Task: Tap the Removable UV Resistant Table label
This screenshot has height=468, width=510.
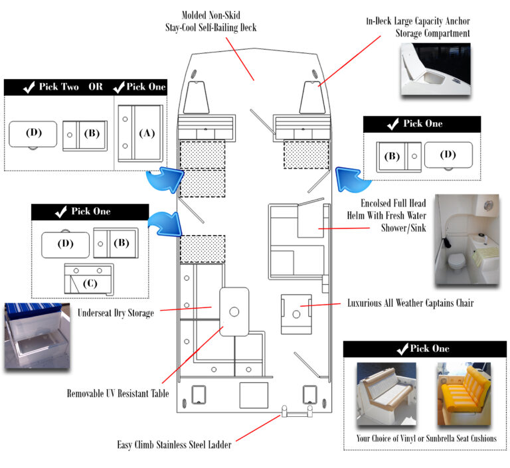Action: [118, 394]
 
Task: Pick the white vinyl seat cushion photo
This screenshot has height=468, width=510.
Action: [386, 394]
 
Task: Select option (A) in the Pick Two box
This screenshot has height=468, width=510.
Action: [140, 133]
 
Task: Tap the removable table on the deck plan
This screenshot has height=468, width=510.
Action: [234, 311]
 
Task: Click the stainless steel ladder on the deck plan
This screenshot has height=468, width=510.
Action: [297, 414]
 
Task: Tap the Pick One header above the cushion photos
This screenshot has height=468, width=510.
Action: [424, 349]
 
